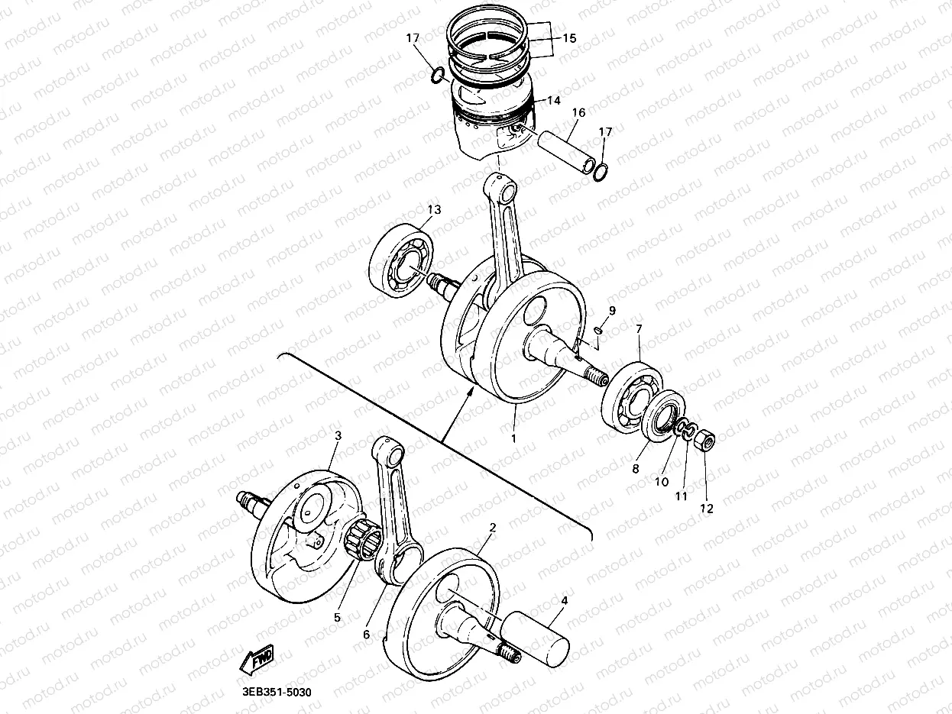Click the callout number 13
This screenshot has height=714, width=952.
[434, 209]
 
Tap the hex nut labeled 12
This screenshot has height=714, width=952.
[706, 441]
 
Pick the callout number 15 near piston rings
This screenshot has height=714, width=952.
[569, 38]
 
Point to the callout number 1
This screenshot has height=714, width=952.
[513, 439]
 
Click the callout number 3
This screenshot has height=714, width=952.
[338, 435]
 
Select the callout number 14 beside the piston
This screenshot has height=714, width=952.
[552, 100]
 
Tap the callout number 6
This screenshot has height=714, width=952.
[366, 635]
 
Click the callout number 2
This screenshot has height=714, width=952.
[493, 528]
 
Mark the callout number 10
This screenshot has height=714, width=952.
[662, 482]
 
